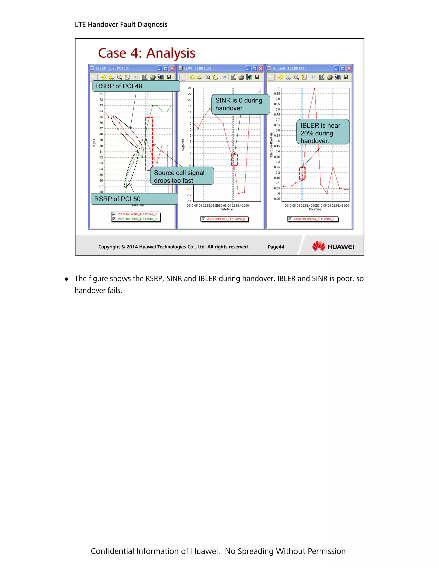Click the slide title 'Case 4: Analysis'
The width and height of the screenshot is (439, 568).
click(146, 53)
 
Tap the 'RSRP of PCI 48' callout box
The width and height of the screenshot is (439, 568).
click(136, 86)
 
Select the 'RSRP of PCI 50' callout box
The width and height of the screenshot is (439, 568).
click(134, 199)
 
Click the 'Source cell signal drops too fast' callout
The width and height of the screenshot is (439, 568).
click(182, 176)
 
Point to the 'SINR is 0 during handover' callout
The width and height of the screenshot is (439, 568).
click(241, 104)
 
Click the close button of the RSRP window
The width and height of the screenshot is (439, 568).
click(172, 68)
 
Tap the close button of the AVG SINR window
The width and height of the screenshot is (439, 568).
click(260, 68)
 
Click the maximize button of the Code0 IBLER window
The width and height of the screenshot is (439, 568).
click(343, 68)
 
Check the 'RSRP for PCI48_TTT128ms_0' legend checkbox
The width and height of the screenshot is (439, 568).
click(114, 214)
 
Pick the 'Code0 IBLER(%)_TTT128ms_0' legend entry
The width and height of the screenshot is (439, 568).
click(314, 219)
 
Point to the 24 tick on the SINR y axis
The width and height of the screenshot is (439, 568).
click(189, 88)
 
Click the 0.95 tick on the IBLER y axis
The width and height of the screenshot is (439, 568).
click(277, 94)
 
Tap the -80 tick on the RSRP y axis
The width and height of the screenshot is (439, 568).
click(101, 146)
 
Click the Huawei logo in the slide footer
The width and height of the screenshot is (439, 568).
click(333, 246)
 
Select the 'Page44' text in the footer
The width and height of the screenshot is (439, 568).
click(276, 247)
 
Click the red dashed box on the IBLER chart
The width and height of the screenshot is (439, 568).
click(302, 173)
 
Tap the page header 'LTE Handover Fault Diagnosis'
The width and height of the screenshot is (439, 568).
click(121, 24)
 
